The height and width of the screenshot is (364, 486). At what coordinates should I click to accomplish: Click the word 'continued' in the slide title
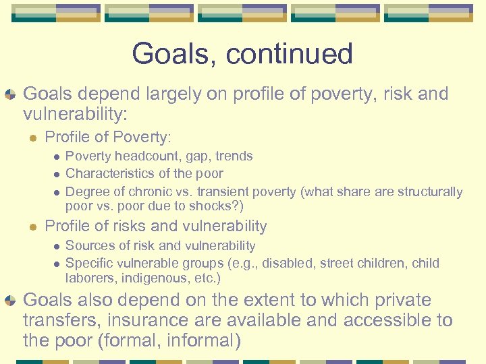(x=291, y=54)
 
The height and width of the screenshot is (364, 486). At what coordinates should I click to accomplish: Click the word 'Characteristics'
(x=109, y=174)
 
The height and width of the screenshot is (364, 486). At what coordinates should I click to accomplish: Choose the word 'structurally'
(x=428, y=192)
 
